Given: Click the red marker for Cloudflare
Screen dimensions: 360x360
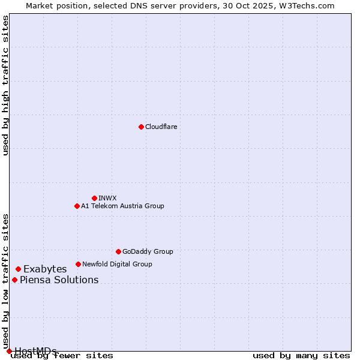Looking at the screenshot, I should tap(141, 127).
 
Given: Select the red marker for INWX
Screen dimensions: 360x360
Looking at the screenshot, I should tap(94, 198).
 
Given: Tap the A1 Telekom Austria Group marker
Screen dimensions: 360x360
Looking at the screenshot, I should tap(77, 206).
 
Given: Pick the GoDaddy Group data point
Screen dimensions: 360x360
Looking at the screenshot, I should tap(118, 251).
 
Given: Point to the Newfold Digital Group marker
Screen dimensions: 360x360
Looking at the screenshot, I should tap(78, 264).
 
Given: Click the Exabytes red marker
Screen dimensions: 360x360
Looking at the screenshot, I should tap(18, 269).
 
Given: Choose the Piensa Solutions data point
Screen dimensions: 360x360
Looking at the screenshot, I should tap(14, 280).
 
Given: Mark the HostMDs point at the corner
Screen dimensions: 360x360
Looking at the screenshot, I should tap(9, 351).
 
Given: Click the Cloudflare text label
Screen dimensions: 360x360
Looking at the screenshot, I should tap(161, 127).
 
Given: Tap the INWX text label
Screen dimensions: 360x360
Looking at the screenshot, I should tap(107, 198).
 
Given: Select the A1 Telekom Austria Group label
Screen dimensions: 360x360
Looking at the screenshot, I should tap(122, 206).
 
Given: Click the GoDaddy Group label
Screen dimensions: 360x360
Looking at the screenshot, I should tap(148, 251).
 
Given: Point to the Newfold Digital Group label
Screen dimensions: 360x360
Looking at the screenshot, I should tap(117, 264).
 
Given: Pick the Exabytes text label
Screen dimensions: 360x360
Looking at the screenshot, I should tap(45, 269).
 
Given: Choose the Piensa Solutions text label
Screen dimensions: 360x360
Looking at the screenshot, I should tap(59, 280).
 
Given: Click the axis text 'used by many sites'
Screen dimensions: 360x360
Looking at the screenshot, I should tap(301, 356).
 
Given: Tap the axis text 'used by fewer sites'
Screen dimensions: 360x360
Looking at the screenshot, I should tap(62, 356).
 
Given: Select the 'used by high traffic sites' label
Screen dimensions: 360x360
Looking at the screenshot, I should tap(6, 85).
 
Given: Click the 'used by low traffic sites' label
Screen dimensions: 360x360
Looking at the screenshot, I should tap(6, 277).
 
